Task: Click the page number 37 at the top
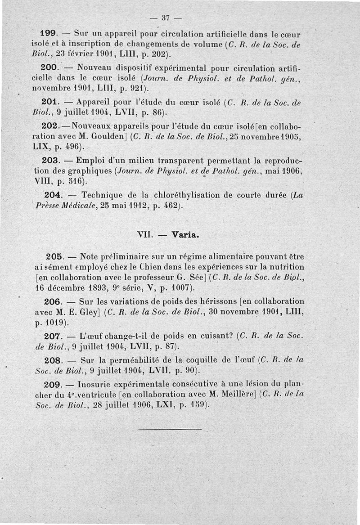point(165,18)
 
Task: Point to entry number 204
point(54,195)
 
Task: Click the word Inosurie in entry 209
point(95,385)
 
